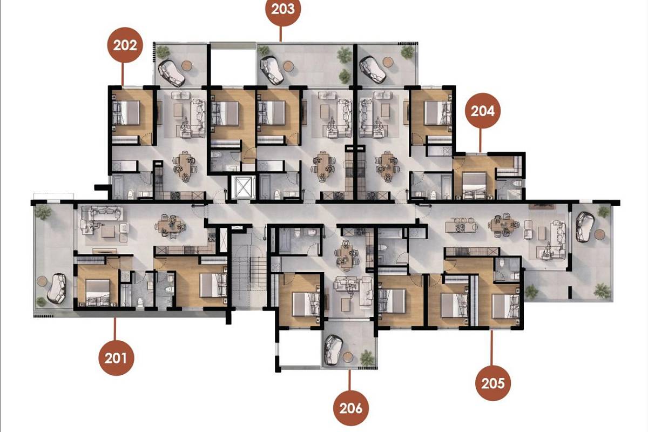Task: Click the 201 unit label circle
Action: (116, 358)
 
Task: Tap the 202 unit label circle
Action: (125, 45)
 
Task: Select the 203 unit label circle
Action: (283, 9)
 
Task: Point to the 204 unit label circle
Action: (483, 111)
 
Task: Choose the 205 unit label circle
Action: (493, 383)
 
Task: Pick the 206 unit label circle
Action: (351, 408)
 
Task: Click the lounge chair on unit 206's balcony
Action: (332, 349)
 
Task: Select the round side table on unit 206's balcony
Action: (348, 357)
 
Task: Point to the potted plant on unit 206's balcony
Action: (367, 357)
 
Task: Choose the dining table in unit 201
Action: (171, 226)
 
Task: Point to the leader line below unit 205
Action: (491, 348)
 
